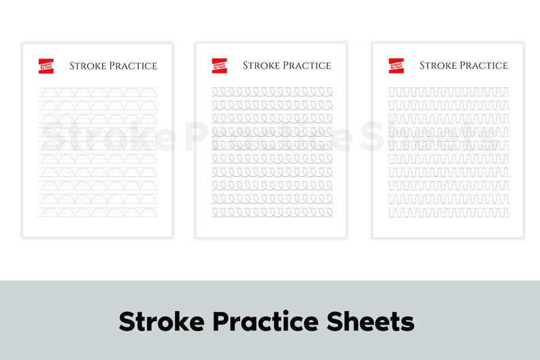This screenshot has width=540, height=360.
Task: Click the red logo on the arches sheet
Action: [x=46, y=65]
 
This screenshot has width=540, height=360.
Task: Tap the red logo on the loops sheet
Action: [x=219, y=65]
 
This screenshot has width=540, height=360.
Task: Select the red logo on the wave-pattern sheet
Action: [x=396, y=65]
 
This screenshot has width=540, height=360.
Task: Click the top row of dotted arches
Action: [x=98, y=93]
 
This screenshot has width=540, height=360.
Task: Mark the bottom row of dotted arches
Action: [x=98, y=212]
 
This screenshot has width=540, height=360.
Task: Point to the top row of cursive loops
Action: [x=272, y=91]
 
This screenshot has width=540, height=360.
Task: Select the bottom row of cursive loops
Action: [x=272, y=212]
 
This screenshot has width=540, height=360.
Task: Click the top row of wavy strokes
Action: [x=448, y=91]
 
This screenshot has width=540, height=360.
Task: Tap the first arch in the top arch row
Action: [x=48, y=93]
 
